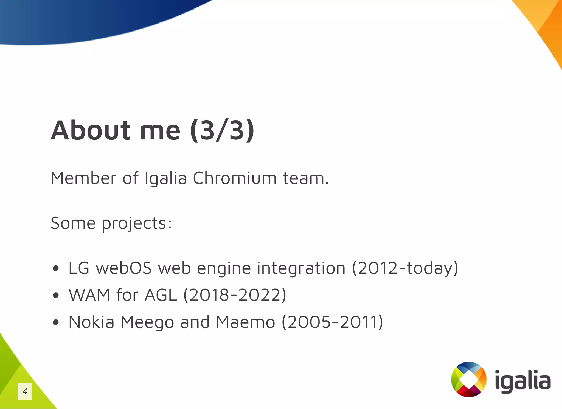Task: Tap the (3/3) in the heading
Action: [222, 131]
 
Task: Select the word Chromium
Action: [235, 178]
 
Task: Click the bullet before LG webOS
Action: [56, 268]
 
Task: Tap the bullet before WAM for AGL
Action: [56, 295]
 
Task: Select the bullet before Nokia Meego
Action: [56, 322]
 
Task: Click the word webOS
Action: [124, 268]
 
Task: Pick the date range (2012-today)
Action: [405, 268]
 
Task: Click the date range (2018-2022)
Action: [235, 295]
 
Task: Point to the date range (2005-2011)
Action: [332, 322]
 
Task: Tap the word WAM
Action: [89, 295]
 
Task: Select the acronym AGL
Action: [161, 295]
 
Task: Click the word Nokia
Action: [91, 322]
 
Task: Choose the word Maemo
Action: [245, 322]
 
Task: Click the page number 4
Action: [25, 391]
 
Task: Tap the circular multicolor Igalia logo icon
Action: [469, 379]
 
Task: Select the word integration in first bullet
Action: [301, 268]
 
